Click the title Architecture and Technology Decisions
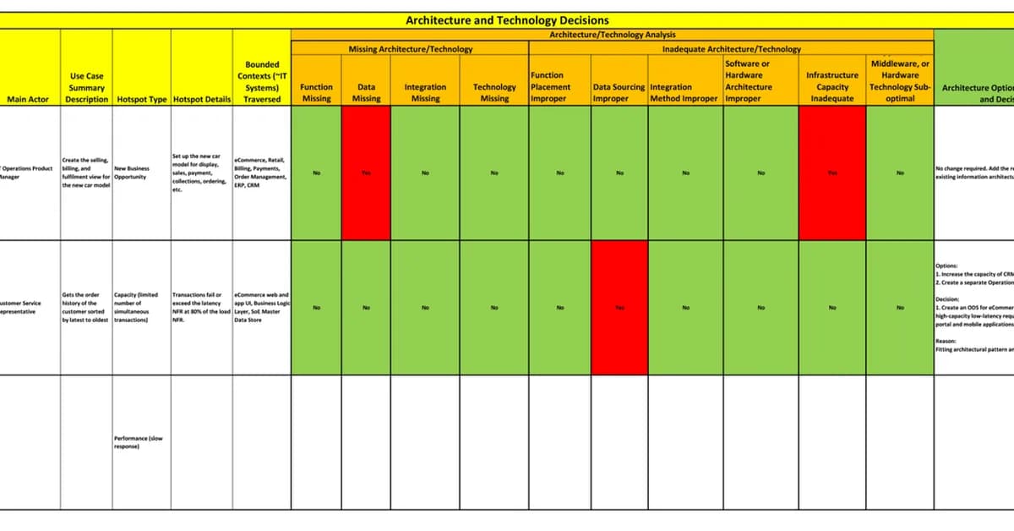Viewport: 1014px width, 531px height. pos(507,20)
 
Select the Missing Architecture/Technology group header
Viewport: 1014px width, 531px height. pos(410,49)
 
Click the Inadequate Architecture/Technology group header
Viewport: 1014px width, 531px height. pos(731,49)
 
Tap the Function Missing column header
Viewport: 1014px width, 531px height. pos(316,92)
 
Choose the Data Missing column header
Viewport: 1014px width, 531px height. pos(366,92)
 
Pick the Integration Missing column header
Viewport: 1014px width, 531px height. pos(425,92)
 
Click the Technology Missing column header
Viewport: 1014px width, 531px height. pos(494,92)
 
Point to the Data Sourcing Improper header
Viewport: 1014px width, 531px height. pos(619,92)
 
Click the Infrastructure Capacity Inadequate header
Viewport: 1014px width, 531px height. pos(832,86)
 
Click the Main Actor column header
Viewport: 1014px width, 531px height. pos(30,99)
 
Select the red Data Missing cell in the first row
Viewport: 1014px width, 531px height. pos(366,172)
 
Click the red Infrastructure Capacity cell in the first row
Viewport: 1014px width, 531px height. pos(832,172)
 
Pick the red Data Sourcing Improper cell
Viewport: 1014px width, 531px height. pos(619,308)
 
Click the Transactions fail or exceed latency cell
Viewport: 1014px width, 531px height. pos(201,308)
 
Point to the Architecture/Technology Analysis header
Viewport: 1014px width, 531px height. pos(613,35)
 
